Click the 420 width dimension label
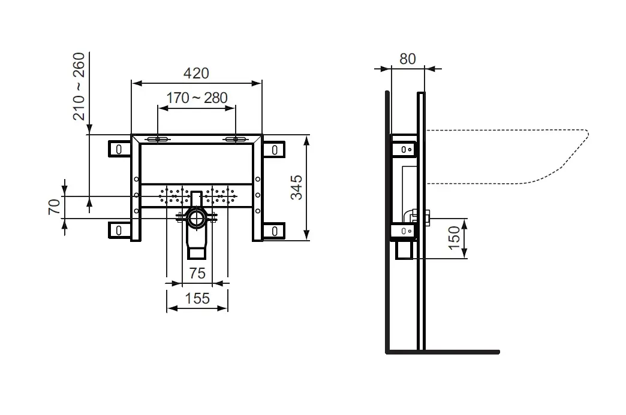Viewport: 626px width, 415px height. [196, 73]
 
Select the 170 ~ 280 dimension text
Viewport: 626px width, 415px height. [197, 98]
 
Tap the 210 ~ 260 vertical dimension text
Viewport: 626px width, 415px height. [79, 86]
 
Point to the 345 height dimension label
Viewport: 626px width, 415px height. [296, 187]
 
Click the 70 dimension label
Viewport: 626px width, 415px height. [55, 207]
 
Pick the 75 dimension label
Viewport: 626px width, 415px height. [197, 273]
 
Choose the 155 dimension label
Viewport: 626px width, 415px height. [197, 298]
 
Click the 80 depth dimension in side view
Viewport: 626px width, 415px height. [408, 59]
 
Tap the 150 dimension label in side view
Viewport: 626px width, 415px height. [455, 238]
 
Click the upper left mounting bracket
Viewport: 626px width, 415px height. [119, 149]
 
